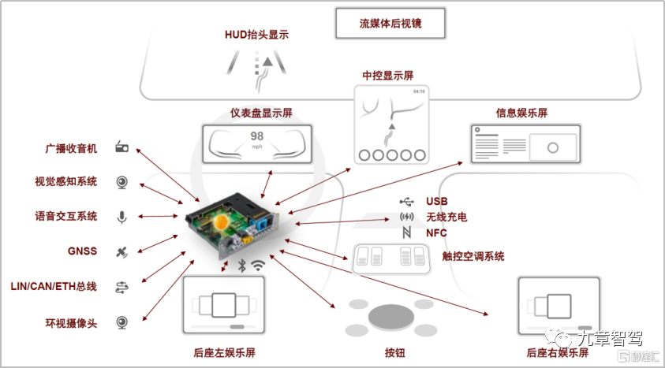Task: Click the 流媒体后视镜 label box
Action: (390, 24)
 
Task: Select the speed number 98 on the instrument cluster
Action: (257, 136)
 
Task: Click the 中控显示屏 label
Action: (388, 76)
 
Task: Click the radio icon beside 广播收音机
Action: (122, 147)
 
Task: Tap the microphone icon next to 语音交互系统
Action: (122, 217)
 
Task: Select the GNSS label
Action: (82, 251)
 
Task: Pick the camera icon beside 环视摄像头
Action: (122, 322)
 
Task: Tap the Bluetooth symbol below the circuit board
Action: (242, 266)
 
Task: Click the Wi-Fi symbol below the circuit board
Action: (258, 266)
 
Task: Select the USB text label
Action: (436, 202)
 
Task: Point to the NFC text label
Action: (436, 233)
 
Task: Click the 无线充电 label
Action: (446, 217)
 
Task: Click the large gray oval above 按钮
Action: (390, 315)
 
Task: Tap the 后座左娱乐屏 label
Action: (224, 353)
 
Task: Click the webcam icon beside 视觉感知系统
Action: (122, 182)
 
